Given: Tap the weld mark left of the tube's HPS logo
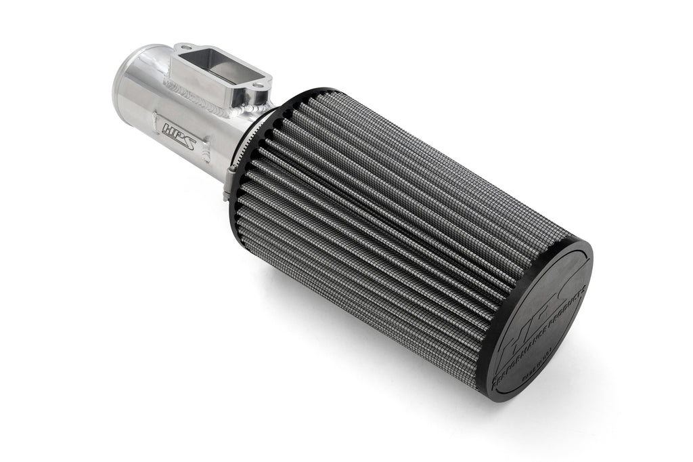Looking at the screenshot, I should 154,116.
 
